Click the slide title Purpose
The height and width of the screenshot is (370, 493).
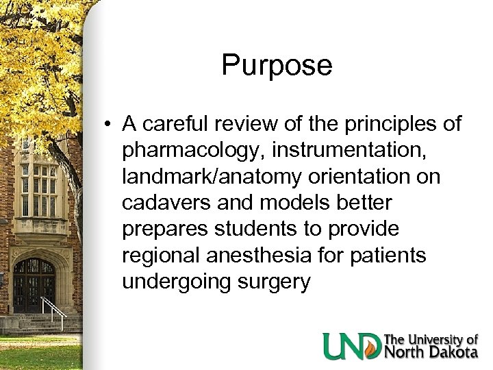[277, 66]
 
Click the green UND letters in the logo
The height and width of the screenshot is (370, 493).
[352, 346]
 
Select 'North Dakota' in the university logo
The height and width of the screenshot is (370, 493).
[430, 352]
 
